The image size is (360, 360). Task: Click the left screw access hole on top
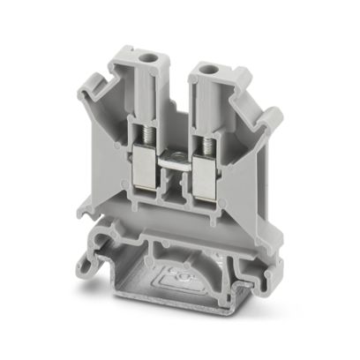click(x=145, y=65)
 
